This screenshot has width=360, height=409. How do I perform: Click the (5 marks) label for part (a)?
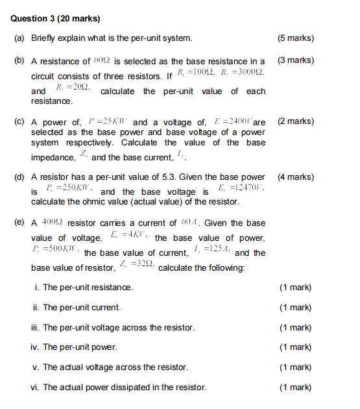click(295, 38)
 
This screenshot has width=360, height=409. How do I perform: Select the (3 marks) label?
click(295, 60)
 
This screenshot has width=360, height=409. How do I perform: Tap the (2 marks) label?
click(295, 121)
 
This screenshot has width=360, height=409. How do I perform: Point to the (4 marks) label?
click(295, 177)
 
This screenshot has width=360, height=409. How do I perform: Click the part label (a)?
click(19, 38)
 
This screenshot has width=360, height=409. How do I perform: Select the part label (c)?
click(19, 121)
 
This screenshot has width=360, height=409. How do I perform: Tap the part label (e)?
click(19, 222)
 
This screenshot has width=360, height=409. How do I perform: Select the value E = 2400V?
click(231, 121)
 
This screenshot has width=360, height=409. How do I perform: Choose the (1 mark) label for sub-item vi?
click(295, 388)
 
